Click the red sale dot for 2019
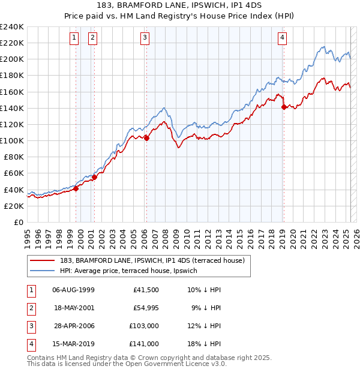[x=284, y=107]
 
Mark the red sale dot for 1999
[x=76, y=188]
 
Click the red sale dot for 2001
[x=94, y=177]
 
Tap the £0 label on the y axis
[x=19, y=222]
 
